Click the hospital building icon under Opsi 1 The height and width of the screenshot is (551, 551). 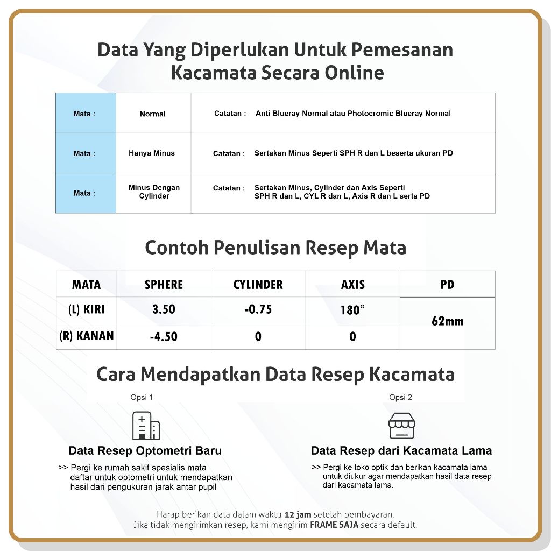tap(146, 426)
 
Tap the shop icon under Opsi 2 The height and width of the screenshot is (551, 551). tap(402, 426)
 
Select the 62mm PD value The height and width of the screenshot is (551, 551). tap(447, 321)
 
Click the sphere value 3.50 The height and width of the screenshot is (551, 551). tap(164, 310)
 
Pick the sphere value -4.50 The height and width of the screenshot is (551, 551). tap(164, 337)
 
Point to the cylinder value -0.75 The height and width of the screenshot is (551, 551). tap(258, 309)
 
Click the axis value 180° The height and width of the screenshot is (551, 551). tap(352, 310)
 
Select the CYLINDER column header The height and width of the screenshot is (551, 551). tap(258, 285)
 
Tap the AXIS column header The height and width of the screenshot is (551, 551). tap(352, 285)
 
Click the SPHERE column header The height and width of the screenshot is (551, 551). tap(164, 285)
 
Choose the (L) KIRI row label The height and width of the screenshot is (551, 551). tap(87, 310)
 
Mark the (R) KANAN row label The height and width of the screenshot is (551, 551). tap(87, 336)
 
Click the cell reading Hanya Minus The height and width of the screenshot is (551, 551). tap(152, 153)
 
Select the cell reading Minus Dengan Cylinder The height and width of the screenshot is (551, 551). tap(154, 192)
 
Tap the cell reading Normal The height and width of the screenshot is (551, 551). tap(153, 114)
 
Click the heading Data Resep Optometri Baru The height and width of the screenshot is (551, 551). tap(145, 451)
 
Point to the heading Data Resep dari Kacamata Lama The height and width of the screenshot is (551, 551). tap(401, 451)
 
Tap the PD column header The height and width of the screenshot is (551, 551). tap(447, 285)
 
